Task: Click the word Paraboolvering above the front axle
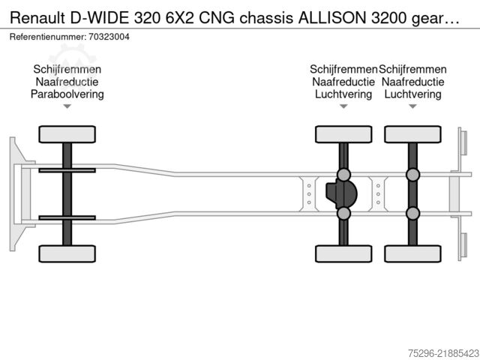click(67, 94)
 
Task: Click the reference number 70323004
click(109, 37)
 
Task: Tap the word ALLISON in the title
click(332, 18)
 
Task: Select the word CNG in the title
click(217, 18)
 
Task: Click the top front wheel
click(67, 134)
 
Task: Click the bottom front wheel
click(67, 253)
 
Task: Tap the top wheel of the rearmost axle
click(412, 134)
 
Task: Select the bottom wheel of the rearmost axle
click(412, 253)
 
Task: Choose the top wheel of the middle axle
click(343, 134)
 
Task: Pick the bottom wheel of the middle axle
click(343, 253)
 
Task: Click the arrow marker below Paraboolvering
click(67, 106)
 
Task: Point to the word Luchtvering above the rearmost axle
click(412, 94)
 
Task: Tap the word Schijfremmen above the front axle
click(67, 70)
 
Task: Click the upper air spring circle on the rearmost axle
click(412, 175)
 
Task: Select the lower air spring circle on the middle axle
click(343, 213)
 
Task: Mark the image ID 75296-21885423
click(443, 353)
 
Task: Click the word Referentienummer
click(48, 37)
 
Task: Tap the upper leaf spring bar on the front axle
click(67, 170)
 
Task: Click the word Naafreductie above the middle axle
click(343, 82)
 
